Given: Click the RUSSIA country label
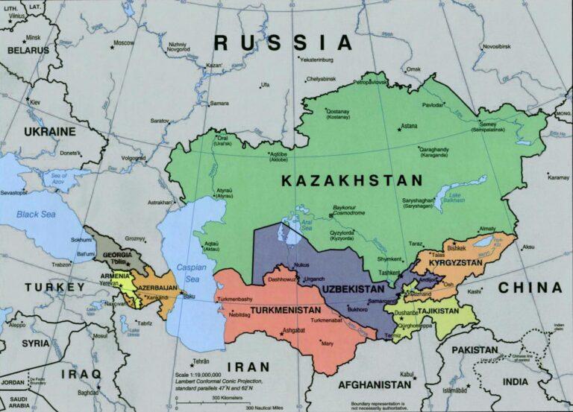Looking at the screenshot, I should (283, 42).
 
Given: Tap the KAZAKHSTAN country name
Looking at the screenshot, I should (352, 180).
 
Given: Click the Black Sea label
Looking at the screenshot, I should (36, 215).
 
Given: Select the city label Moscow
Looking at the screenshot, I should (123, 42).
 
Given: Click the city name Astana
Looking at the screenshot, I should (409, 127).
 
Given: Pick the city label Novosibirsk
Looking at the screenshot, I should (498, 46).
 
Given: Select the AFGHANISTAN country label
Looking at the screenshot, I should (374, 385).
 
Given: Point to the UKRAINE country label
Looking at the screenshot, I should (49, 131).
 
